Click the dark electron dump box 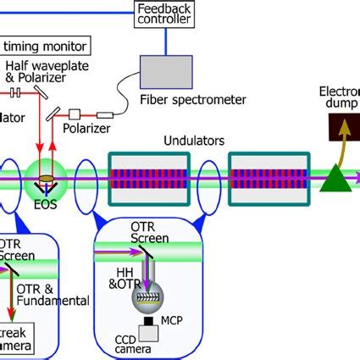click(x=342, y=127)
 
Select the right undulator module click(x=269, y=179)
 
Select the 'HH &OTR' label click(x=127, y=279)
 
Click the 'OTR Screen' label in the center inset click(x=149, y=234)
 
